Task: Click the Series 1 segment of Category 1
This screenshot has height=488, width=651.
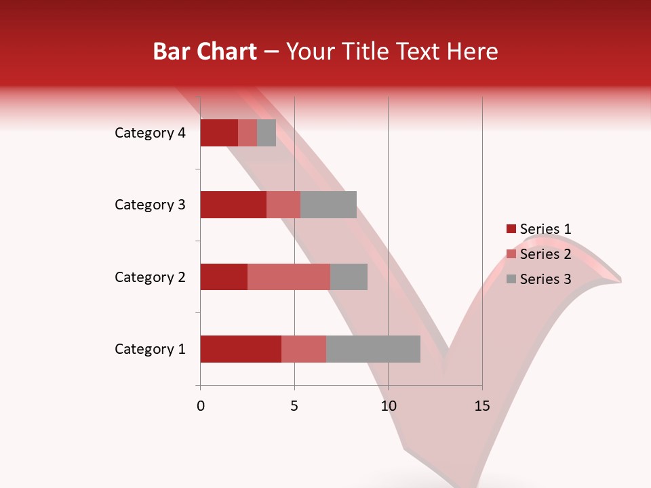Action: (x=241, y=349)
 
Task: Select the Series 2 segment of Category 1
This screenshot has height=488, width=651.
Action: (x=304, y=349)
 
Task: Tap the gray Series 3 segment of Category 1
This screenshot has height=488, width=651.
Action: (x=373, y=349)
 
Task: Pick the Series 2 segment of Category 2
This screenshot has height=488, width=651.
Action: (x=289, y=277)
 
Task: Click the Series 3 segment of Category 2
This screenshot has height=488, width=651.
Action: (x=349, y=277)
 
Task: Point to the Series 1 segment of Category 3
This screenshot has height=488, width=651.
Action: (x=233, y=205)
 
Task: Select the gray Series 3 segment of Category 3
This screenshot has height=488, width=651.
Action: (x=328, y=205)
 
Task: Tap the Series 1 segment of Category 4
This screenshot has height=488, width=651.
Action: (x=219, y=133)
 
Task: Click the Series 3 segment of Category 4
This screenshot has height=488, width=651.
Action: (x=267, y=133)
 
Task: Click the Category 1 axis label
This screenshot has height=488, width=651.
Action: (x=150, y=349)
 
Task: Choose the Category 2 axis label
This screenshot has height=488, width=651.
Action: (x=150, y=277)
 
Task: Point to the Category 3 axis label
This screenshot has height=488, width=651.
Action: (x=150, y=205)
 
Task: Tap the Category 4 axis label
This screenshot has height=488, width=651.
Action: (x=150, y=133)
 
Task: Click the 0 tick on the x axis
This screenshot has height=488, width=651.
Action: (x=201, y=406)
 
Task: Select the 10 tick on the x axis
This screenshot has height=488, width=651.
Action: (x=388, y=406)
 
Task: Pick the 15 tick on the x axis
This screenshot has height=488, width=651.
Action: (x=482, y=406)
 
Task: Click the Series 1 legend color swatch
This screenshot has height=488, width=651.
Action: (x=511, y=229)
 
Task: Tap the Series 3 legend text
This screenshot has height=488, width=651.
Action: (x=545, y=279)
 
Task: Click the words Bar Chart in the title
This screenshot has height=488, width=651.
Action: (x=205, y=52)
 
